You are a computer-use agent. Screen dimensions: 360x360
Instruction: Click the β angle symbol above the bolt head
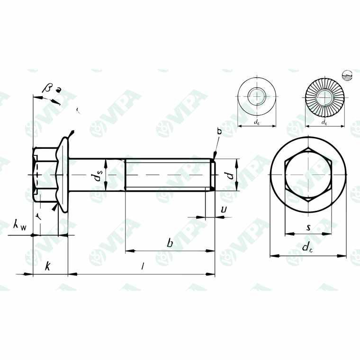pos(47,88)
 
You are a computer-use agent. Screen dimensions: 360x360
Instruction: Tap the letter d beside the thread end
pos(229,175)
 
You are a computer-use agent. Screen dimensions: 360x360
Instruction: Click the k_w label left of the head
pos(20,226)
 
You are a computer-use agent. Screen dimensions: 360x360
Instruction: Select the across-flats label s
pos(308,228)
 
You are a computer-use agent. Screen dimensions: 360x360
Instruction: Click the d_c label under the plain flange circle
pos(256,122)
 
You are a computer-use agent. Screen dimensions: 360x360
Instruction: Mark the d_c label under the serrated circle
pos(324,122)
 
